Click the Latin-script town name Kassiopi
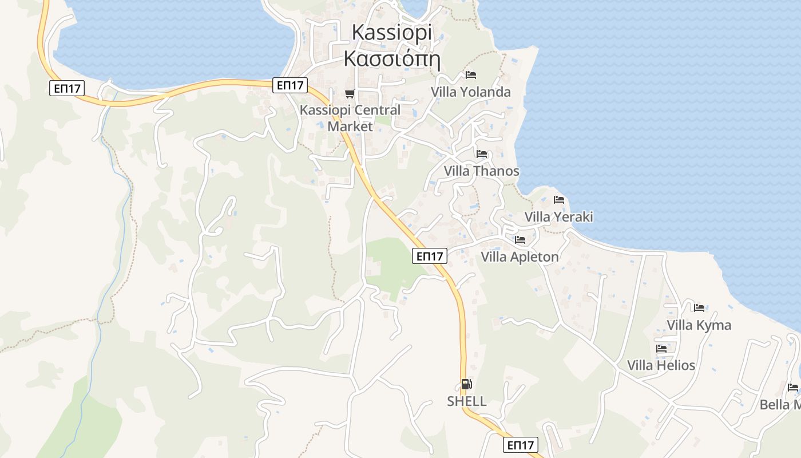(x=392, y=32)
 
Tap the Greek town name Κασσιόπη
(x=392, y=58)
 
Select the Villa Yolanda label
(x=470, y=92)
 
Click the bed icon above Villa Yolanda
(x=471, y=75)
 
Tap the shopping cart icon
(x=350, y=93)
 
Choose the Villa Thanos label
(x=481, y=171)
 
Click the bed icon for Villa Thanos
(x=482, y=154)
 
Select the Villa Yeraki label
(x=558, y=216)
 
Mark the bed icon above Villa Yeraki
(x=559, y=200)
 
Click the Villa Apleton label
(x=520, y=256)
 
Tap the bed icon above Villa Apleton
(x=520, y=240)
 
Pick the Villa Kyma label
(x=699, y=325)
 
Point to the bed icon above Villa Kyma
(x=699, y=308)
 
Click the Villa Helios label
(x=661, y=365)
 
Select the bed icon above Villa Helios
(x=661, y=348)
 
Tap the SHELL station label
(x=467, y=401)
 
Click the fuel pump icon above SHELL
(x=467, y=385)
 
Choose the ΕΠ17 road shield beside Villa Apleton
(x=430, y=256)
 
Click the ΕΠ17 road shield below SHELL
(x=521, y=445)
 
